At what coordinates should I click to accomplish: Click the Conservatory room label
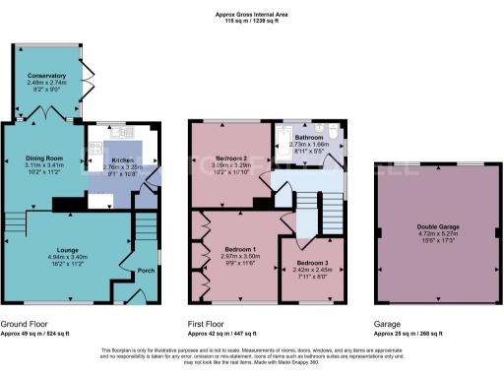tap(46, 75)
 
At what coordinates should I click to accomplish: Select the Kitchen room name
tap(122, 159)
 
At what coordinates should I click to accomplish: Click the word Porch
tap(146, 271)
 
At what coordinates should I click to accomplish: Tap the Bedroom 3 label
tap(312, 264)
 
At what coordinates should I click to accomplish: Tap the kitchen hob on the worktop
tap(94, 149)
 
